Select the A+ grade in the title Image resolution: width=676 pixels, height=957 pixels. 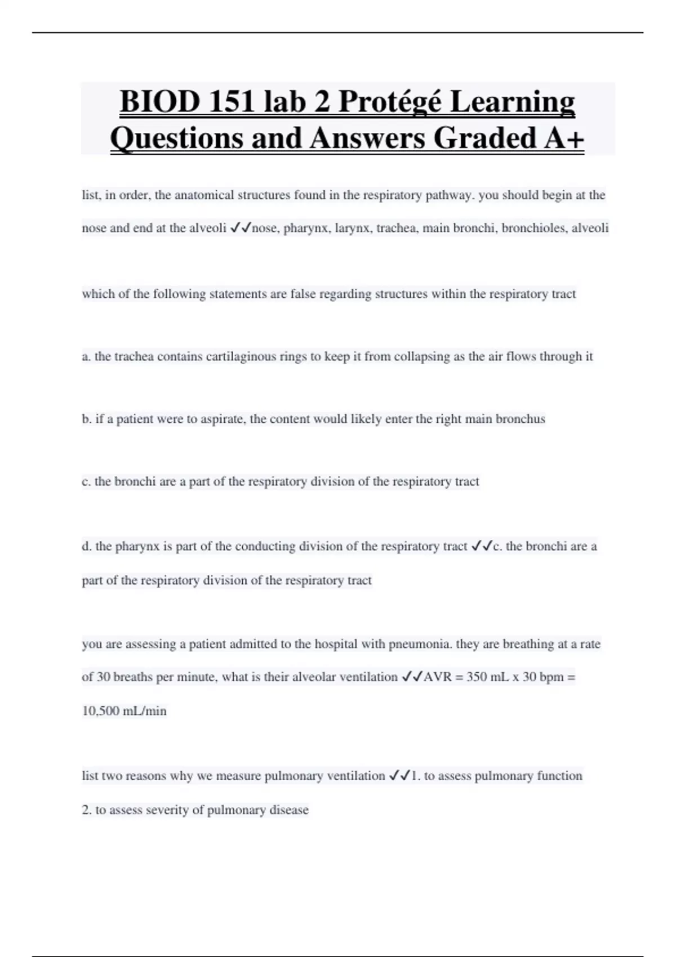(x=564, y=138)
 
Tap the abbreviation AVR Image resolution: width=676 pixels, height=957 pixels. (x=438, y=677)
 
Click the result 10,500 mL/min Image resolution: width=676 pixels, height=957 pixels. (x=124, y=711)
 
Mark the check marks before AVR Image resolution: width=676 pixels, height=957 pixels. (x=411, y=677)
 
